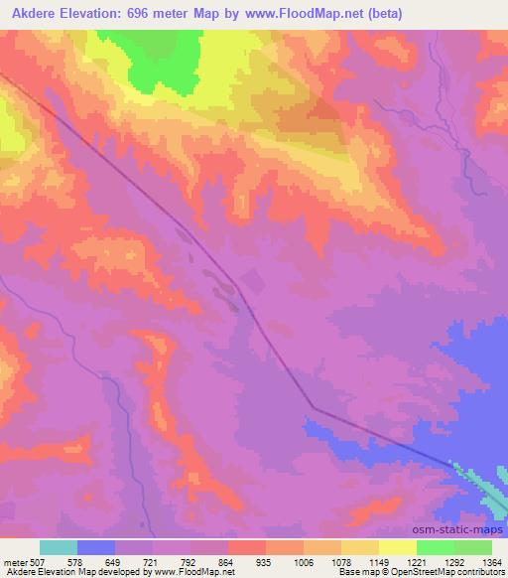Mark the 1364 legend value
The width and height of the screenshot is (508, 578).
click(x=491, y=561)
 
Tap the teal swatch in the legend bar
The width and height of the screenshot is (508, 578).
click(x=59, y=547)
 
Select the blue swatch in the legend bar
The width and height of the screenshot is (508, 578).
click(x=96, y=547)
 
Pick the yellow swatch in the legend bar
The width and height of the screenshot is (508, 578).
click(x=398, y=547)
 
